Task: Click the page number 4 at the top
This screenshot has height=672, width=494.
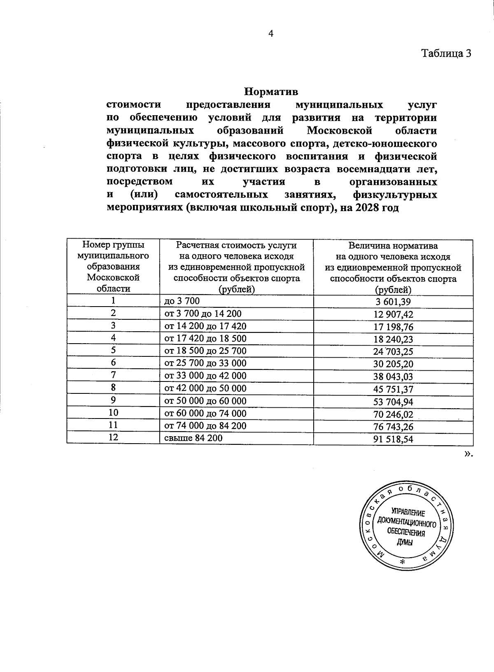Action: click(270, 34)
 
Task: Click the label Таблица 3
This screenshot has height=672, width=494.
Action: click(446, 53)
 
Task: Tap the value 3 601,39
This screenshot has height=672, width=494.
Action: click(393, 302)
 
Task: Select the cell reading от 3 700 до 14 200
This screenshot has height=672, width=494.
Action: click(203, 314)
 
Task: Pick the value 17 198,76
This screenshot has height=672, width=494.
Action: click(393, 327)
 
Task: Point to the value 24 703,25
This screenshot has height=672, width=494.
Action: click(393, 352)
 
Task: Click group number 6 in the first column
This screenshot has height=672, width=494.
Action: click(113, 363)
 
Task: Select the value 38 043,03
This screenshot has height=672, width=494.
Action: click(393, 377)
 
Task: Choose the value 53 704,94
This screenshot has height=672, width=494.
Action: click(393, 402)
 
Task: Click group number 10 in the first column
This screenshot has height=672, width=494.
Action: click(113, 413)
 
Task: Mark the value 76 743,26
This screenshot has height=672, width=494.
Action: click(393, 427)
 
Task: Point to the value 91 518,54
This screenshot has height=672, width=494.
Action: click(393, 439)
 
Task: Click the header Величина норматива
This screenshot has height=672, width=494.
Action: click(393, 246)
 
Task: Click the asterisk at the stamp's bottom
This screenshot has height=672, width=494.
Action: click(403, 562)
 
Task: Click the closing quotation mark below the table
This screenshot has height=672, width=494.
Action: click(468, 453)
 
